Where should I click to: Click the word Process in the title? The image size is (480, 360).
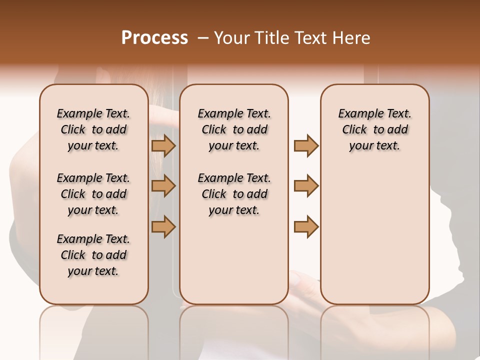pyautogui.click(x=154, y=38)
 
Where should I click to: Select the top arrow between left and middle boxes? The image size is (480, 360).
pyautogui.click(x=163, y=145)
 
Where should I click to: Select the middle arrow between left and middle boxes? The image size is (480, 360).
pyautogui.click(x=163, y=186)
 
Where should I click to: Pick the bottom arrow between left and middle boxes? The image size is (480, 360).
pyautogui.click(x=163, y=226)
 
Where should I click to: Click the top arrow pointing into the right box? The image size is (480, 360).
pyautogui.click(x=306, y=145)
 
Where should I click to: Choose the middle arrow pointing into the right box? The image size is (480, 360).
pyautogui.click(x=306, y=186)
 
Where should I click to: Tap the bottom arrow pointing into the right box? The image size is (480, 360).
pyautogui.click(x=306, y=226)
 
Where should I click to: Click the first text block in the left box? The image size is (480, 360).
pyautogui.click(x=93, y=129)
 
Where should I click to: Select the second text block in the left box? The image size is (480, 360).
pyautogui.click(x=93, y=194)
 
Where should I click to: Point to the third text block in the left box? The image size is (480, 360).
pyautogui.click(x=93, y=255)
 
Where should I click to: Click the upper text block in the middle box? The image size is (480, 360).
pyautogui.click(x=234, y=129)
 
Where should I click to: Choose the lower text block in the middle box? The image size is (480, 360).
pyautogui.click(x=234, y=194)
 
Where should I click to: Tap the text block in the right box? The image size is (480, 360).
pyautogui.click(x=374, y=129)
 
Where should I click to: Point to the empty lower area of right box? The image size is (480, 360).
pyautogui.click(x=374, y=235)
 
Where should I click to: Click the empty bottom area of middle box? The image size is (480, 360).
pyautogui.click(x=234, y=265)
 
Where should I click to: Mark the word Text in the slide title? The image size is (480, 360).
pyautogui.click(x=312, y=38)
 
